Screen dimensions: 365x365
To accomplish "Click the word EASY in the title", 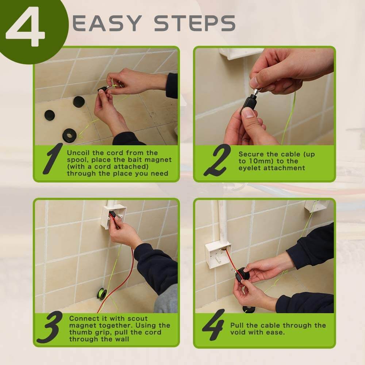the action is pyautogui.click(x=107, y=23).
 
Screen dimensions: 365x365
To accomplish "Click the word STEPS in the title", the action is pyautogui.click(x=195, y=23).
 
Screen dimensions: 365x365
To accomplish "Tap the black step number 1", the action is pyautogui.click(x=53, y=158).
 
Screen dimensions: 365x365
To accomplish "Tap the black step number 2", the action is pyautogui.click(x=217, y=160).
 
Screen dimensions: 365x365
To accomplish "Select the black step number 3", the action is pyautogui.click(x=50, y=327).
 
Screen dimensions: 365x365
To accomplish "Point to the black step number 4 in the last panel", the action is pyautogui.click(x=213, y=325).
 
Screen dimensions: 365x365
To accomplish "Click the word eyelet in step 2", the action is pyautogui.click(x=250, y=168).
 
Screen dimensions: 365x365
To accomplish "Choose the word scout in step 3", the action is pyautogui.click(x=138, y=318).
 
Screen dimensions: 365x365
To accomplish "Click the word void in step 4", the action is pyautogui.click(x=238, y=332).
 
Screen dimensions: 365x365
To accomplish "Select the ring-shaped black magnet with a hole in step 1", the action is pyautogui.click(x=69, y=135).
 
